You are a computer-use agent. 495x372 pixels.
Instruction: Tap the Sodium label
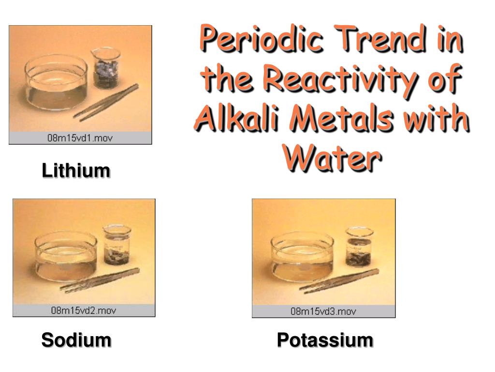pyautogui.click(x=76, y=340)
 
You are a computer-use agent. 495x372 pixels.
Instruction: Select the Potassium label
pyautogui.click(x=325, y=340)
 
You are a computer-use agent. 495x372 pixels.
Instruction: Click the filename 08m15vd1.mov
pyautogui.click(x=80, y=138)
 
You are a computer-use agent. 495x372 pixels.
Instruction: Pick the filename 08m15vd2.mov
pyautogui.click(x=84, y=310)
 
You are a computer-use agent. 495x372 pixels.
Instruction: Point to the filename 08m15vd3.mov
pyautogui.click(x=323, y=311)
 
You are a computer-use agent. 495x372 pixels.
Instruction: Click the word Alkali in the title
pyautogui.click(x=237, y=118)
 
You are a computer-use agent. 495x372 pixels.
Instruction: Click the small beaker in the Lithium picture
pyautogui.click(x=106, y=68)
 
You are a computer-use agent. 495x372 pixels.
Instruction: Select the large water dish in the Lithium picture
pyautogui.click(x=56, y=82)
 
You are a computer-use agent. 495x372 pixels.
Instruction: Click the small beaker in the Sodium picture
pyautogui.click(x=117, y=245)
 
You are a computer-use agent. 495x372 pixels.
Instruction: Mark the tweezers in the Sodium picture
pyautogui.click(x=100, y=280)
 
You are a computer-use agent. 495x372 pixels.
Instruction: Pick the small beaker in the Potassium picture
pyautogui.click(x=359, y=247)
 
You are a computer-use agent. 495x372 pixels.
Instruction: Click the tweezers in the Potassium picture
pyautogui.click(x=339, y=281)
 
